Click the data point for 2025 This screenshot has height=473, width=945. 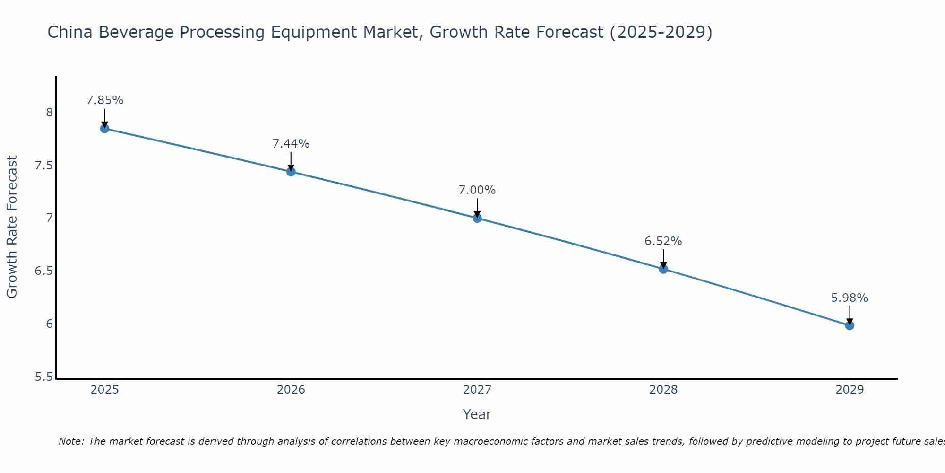tap(104, 129)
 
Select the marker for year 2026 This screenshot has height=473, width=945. tap(291, 172)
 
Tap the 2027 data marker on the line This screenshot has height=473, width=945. tap(477, 218)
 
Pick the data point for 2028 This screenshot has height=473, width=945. tap(663, 269)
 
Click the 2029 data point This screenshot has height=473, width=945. tap(850, 325)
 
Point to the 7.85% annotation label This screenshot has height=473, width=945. tap(104, 100)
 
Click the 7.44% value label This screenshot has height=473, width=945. tap(291, 144)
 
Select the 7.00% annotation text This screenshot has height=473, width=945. tap(477, 190)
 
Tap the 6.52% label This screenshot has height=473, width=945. tap(663, 241)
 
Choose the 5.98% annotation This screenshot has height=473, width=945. tap(850, 298)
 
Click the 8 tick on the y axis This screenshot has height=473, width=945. tap(49, 113)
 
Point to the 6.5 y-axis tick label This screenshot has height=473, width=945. tap(43, 271)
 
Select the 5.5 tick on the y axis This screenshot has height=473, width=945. tap(43, 377)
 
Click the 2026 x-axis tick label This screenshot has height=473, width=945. tap(291, 390)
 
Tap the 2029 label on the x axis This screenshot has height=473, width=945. tap(850, 390)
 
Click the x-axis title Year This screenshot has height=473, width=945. tap(477, 414)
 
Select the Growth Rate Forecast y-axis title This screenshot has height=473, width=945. tap(12, 227)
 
